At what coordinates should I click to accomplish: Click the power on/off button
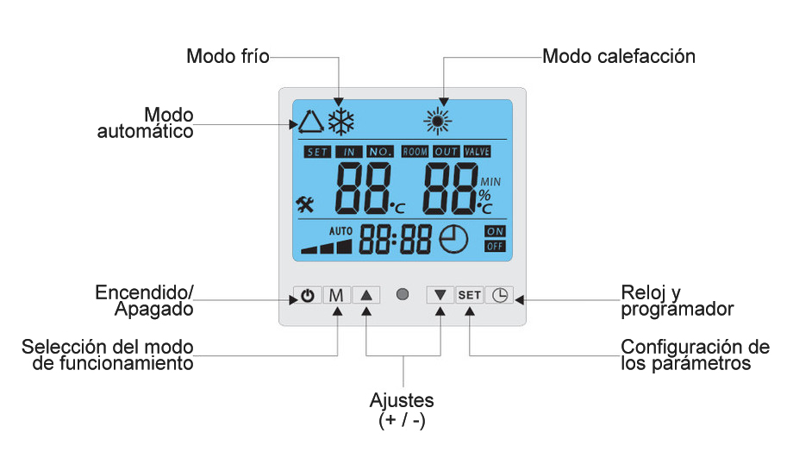click(308, 295)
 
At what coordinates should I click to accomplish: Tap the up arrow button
click(366, 295)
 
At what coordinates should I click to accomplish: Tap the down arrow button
click(440, 295)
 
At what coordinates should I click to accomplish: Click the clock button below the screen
click(499, 295)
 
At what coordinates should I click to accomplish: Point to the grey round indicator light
click(403, 295)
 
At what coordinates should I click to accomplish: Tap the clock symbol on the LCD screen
click(454, 240)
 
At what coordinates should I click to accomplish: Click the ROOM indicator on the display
click(415, 152)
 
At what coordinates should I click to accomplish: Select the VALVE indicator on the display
click(477, 152)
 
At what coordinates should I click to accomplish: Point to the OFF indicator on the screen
click(495, 247)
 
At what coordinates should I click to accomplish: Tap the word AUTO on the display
click(341, 231)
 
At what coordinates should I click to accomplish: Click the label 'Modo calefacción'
click(619, 57)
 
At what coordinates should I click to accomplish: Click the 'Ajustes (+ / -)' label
click(402, 411)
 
